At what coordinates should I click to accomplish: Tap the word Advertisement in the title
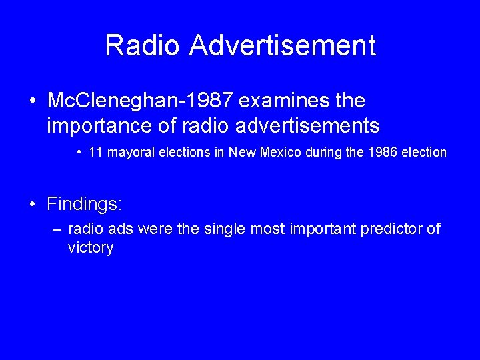[x=282, y=46]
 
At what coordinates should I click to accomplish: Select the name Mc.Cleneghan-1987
[x=140, y=101]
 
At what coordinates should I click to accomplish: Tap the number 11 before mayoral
[x=95, y=152]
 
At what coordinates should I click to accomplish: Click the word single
[x=225, y=229]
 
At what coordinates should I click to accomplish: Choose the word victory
[x=91, y=248]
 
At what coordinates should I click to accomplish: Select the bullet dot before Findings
[x=33, y=204]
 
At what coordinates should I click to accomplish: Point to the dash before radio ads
[x=57, y=230]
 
